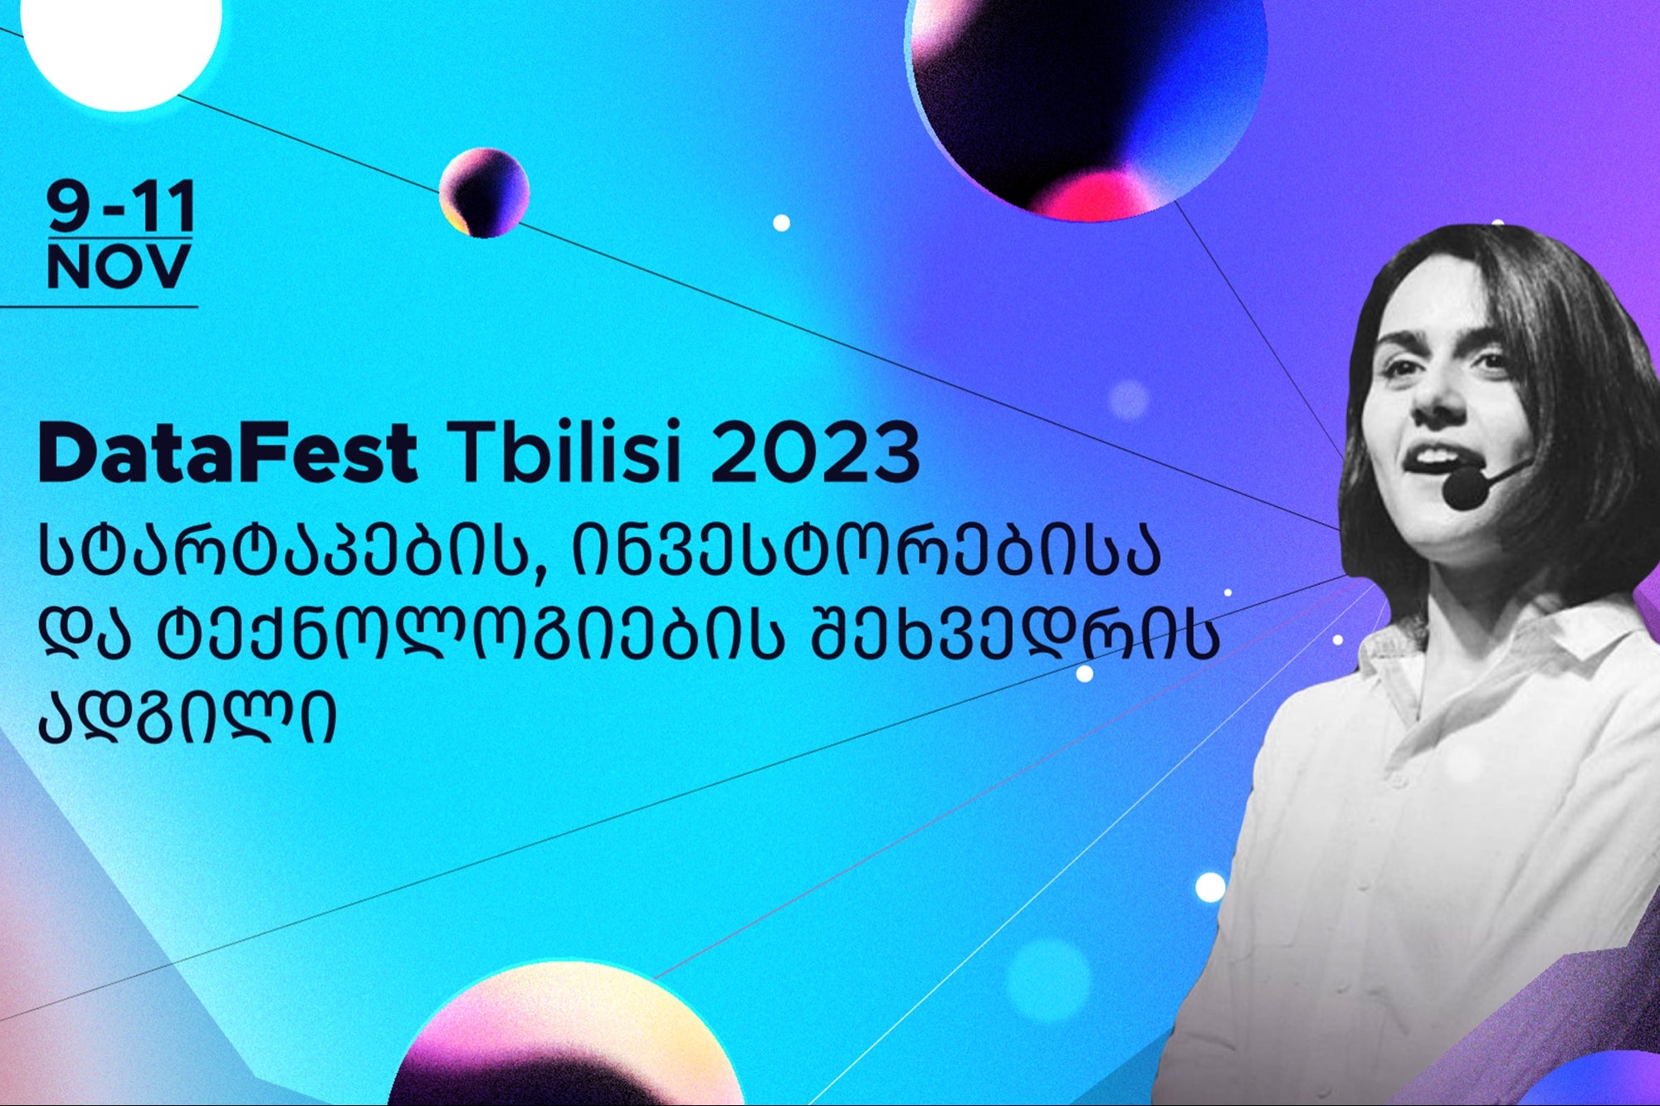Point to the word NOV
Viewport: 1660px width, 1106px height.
pyautogui.click(x=119, y=267)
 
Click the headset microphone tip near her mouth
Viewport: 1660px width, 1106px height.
pyautogui.click(x=1466, y=489)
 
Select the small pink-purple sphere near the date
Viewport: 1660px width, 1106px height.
pyautogui.click(x=484, y=192)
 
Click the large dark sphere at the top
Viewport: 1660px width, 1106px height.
pyautogui.click(x=1087, y=95)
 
